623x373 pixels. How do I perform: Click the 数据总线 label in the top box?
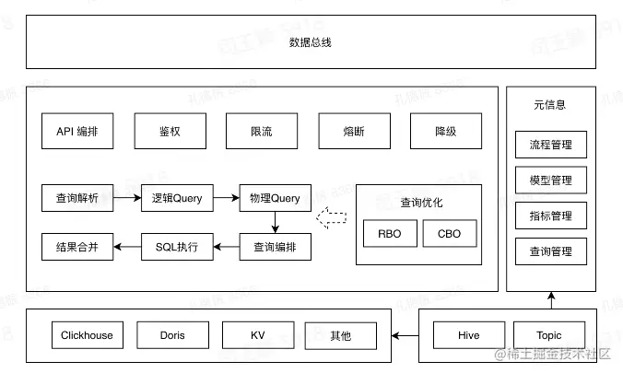(x=311, y=42)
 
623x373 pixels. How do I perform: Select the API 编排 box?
(x=77, y=132)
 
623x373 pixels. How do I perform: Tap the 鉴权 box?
(x=170, y=132)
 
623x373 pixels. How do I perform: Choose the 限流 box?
(x=261, y=132)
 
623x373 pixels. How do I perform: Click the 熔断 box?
(x=353, y=132)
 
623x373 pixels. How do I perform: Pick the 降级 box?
(x=445, y=132)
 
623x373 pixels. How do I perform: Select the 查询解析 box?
(x=77, y=197)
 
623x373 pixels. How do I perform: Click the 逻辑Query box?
(x=177, y=197)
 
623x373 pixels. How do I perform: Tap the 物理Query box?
(x=275, y=197)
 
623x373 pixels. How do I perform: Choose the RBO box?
(x=389, y=234)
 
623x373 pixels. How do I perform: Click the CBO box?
(x=449, y=234)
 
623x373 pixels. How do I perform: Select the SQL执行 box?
(x=177, y=246)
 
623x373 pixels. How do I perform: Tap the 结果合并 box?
(x=77, y=246)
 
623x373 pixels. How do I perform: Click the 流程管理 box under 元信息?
(x=551, y=145)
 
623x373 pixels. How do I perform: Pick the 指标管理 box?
(x=551, y=216)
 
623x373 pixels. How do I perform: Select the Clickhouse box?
(x=88, y=335)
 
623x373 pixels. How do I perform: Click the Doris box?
(x=171, y=335)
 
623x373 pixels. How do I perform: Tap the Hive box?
(x=468, y=335)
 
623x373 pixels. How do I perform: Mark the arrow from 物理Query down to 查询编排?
(x=275, y=222)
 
